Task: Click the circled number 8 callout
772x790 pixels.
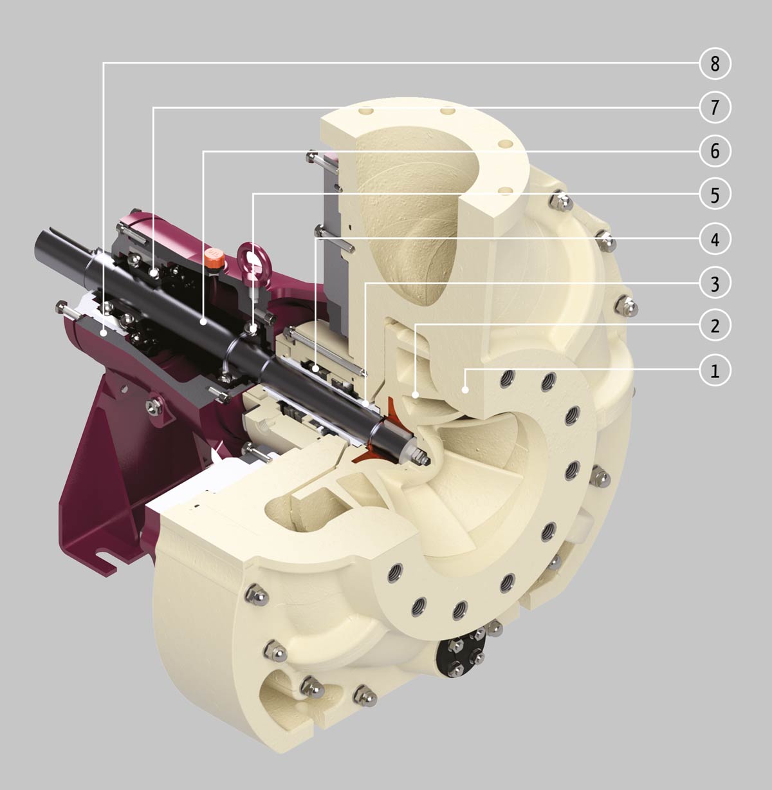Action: point(715,63)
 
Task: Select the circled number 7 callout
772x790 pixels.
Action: point(715,107)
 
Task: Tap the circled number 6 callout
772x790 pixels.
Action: point(715,151)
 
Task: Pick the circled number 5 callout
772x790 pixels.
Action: point(715,195)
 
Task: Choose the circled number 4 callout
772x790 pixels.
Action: point(715,239)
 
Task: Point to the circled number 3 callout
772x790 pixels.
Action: point(715,283)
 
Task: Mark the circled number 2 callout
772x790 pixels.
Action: point(715,326)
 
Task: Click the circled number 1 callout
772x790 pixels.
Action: point(715,370)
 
